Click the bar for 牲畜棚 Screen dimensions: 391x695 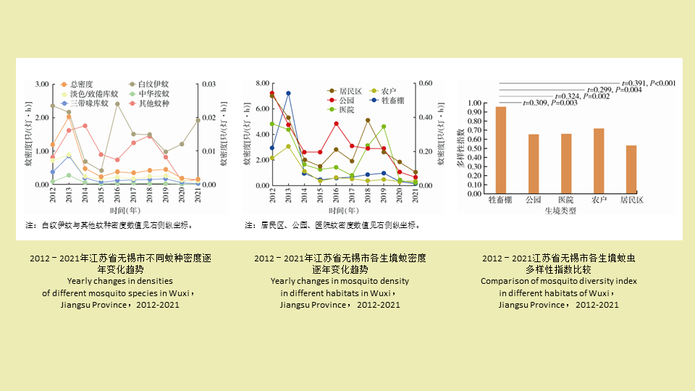click(x=501, y=150)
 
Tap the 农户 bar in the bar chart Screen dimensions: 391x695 click(x=598, y=161)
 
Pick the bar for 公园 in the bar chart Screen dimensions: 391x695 click(x=534, y=164)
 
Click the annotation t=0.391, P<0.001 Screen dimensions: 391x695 click(x=649, y=83)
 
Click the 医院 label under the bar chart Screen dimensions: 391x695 click(x=565, y=199)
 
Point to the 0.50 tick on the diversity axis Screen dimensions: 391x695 click(x=475, y=148)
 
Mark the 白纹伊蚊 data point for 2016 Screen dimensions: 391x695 click(x=117, y=104)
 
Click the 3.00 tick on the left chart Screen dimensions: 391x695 click(x=41, y=85)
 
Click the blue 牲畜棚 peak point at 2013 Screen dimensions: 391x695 click(x=288, y=93)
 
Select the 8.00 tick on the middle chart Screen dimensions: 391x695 click(x=261, y=85)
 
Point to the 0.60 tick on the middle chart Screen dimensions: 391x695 click(x=428, y=84)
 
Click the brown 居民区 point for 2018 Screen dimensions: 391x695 click(x=368, y=120)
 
